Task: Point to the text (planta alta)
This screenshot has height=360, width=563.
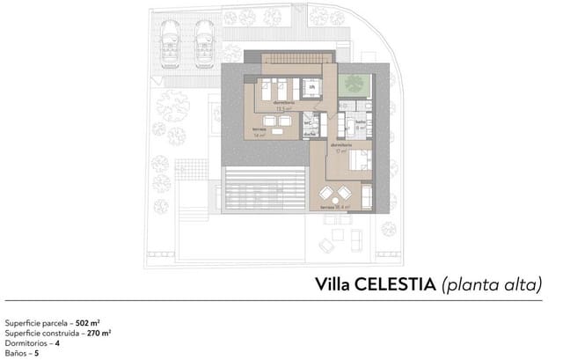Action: (492, 284)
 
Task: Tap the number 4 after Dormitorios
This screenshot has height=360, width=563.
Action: (57, 343)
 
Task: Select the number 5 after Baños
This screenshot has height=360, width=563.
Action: (36, 353)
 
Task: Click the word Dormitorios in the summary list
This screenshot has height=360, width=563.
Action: (26, 343)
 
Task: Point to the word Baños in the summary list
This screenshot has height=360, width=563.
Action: (15, 353)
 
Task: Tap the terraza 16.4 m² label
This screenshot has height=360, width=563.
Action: (335, 207)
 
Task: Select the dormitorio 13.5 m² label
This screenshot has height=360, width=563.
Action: (283, 106)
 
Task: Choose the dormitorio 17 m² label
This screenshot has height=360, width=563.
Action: (341, 146)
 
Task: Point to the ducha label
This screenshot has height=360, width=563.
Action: (309, 133)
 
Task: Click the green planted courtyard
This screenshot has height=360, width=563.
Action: (355, 82)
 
